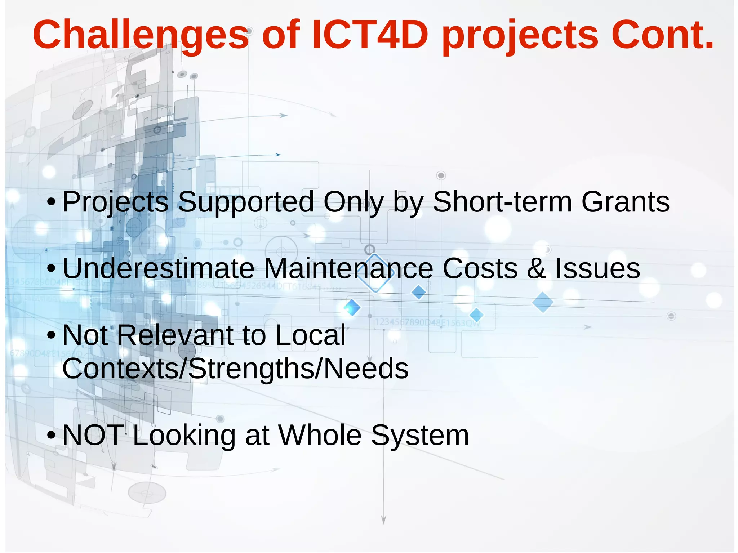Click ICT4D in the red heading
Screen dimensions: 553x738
click(369, 35)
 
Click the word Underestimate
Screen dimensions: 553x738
click(159, 268)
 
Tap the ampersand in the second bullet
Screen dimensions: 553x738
click(537, 268)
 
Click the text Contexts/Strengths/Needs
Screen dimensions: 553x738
click(235, 369)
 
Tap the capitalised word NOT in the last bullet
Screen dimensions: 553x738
click(93, 435)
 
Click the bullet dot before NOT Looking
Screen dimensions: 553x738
click(51, 436)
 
